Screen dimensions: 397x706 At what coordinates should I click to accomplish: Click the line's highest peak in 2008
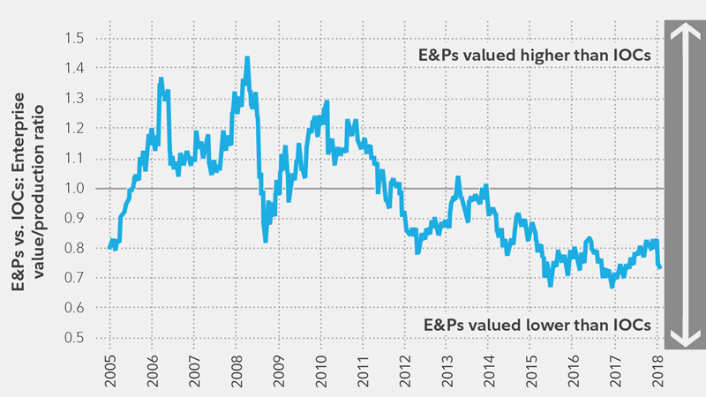[x=247, y=58]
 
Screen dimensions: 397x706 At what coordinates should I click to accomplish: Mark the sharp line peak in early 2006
[x=161, y=79]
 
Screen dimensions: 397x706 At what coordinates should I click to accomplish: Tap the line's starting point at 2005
[x=110, y=248]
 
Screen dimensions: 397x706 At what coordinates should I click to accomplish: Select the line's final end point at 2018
[x=661, y=267]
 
